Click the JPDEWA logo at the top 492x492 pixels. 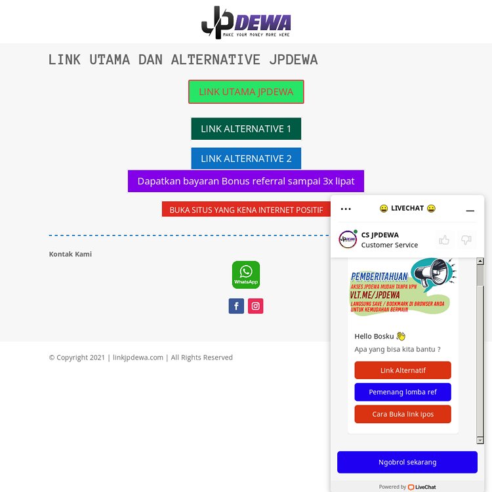coord(245,22)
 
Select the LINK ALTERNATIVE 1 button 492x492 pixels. coord(246,129)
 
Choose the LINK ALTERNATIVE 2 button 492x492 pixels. coord(246,158)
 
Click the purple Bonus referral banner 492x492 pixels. coord(246,181)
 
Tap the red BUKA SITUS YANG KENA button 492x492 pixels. coord(246,209)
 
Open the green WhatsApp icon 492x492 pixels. coord(246,275)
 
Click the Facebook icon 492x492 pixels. coord(236,306)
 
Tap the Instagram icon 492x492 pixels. coord(256,306)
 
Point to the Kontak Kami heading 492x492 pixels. coord(70,254)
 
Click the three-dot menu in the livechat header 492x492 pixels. coord(346,209)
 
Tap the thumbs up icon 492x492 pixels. coord(444,239)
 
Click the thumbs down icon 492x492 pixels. coord(466,239)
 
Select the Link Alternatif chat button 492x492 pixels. coord(403,370)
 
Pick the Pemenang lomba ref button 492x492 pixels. coord(403,392)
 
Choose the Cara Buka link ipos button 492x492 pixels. coord(403,414)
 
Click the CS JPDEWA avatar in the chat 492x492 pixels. coord(348,239)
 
